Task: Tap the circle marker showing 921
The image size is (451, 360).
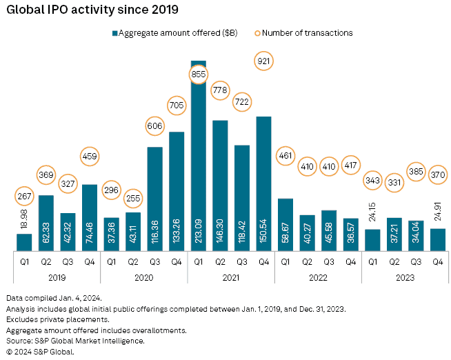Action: click(x=263, y=61)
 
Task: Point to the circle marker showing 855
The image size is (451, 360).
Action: click(x=198, y=74)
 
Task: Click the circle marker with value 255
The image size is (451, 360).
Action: click(x=132, y=197)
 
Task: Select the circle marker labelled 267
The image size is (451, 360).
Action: click(x=24, y=197)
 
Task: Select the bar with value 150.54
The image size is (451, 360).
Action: click(x=263, y=183)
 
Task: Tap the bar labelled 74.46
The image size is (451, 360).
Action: click(x=90, y=217)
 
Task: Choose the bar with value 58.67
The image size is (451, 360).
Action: click(x=285, y=224)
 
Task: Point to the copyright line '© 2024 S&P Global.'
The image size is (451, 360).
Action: click(x=40, y=351)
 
